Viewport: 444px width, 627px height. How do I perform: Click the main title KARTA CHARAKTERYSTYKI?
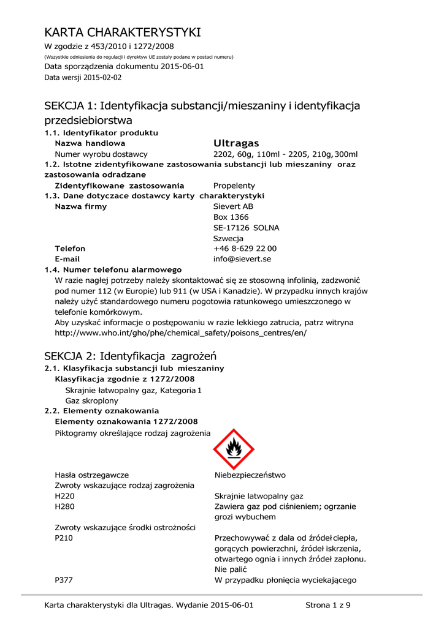click(123, 32)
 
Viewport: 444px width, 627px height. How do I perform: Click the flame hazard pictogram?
click(233, 449)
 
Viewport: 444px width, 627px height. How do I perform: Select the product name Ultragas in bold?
click(236, 143)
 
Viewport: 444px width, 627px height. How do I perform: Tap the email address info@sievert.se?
click(242, 259)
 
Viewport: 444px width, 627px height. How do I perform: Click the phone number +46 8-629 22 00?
click(245, 249)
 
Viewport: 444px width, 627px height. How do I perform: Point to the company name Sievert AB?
click(233, 206)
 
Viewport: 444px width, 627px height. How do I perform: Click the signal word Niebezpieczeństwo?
click(250, 475)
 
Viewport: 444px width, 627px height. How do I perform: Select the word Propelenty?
click(234, 186)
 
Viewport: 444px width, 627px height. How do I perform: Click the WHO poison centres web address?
click(180, 333)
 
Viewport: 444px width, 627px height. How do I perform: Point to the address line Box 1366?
click(231, 217)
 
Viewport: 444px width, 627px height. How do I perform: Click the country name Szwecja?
click(228, 238)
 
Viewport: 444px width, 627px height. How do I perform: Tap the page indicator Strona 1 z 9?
click(327, 606)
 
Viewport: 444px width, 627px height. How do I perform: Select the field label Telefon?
click(70, 249)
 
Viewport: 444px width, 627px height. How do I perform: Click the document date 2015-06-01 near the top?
click(182, 66)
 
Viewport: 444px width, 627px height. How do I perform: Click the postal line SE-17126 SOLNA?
click(246, 228)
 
